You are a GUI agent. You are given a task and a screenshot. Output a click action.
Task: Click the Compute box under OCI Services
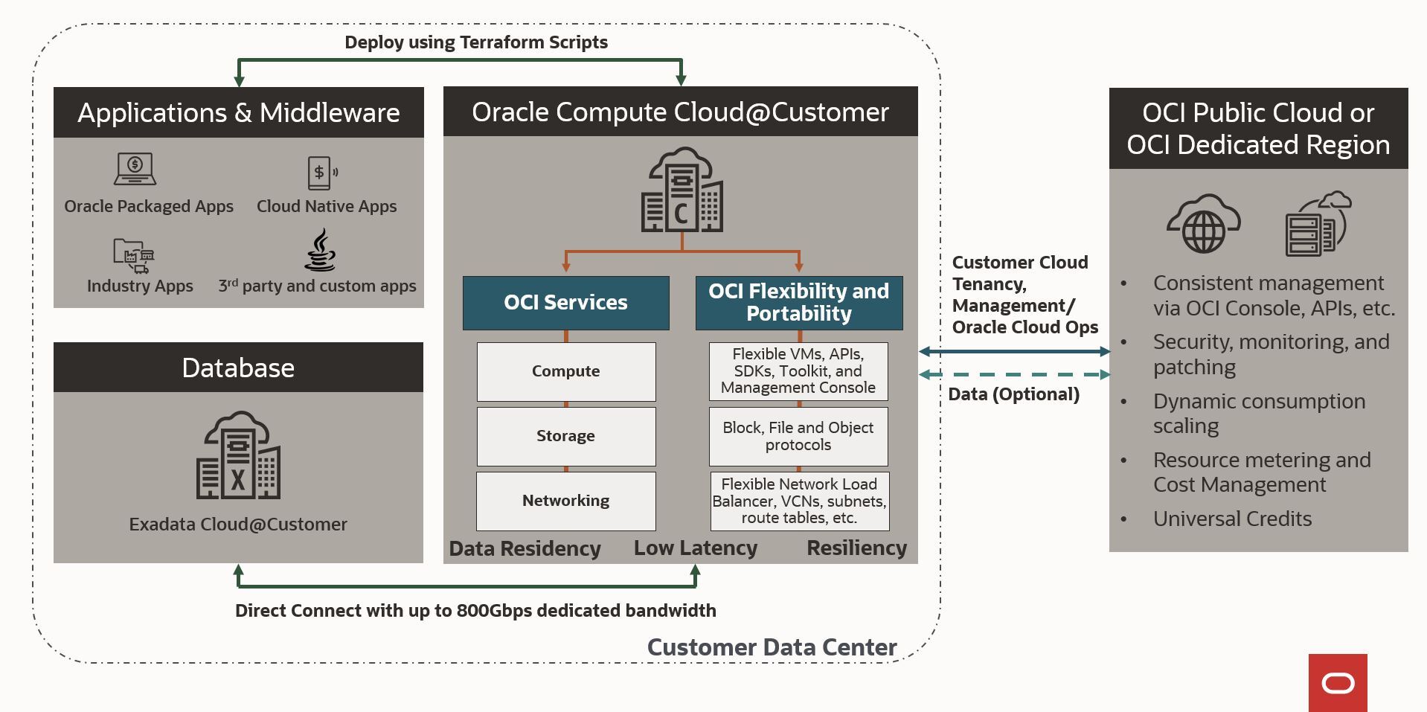(x=565, y=371)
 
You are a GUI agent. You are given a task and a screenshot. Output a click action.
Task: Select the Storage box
(x=565, y=436)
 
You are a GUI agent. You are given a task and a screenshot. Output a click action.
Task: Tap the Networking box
(x=565, y=501)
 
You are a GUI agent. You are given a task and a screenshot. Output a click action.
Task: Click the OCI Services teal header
(x=565, y=303)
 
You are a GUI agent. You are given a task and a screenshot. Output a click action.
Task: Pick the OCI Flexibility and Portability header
(x=798, y=303)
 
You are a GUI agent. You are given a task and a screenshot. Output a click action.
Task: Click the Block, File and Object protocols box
(x=798, y=436)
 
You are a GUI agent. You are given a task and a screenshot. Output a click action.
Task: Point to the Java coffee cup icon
(x=321, y=251)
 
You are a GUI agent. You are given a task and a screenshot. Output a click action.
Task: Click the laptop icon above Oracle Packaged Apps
(x=135, y=169)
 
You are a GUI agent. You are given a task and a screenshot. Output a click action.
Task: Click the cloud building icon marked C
(x=682, y=190)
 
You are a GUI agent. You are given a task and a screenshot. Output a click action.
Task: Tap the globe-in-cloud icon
(x=1203, y=224)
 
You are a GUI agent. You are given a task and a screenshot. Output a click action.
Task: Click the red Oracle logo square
(x=1337, y=682)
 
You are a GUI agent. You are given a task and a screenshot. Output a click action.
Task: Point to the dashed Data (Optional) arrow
(x=1014, y=375)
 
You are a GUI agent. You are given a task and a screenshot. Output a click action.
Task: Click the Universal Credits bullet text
(x=1232, y=519)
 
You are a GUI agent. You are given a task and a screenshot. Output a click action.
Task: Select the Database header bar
(x=238, y=368)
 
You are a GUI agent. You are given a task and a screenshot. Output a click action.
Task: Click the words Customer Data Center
(x=772, y=647)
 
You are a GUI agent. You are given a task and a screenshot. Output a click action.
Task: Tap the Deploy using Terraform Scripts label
(x=476, y=42)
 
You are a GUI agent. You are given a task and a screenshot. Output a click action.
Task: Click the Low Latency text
(x=695, y=548)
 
